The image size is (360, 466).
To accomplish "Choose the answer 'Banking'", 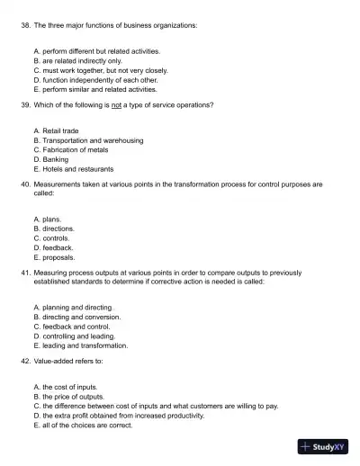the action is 56,159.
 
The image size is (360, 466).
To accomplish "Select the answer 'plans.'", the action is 52,220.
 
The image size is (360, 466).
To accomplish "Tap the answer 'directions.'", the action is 58,229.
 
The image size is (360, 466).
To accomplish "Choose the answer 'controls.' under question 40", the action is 56,238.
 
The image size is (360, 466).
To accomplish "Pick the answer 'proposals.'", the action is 58,257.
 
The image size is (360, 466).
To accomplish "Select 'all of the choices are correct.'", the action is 87,426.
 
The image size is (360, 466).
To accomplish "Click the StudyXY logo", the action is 322,446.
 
